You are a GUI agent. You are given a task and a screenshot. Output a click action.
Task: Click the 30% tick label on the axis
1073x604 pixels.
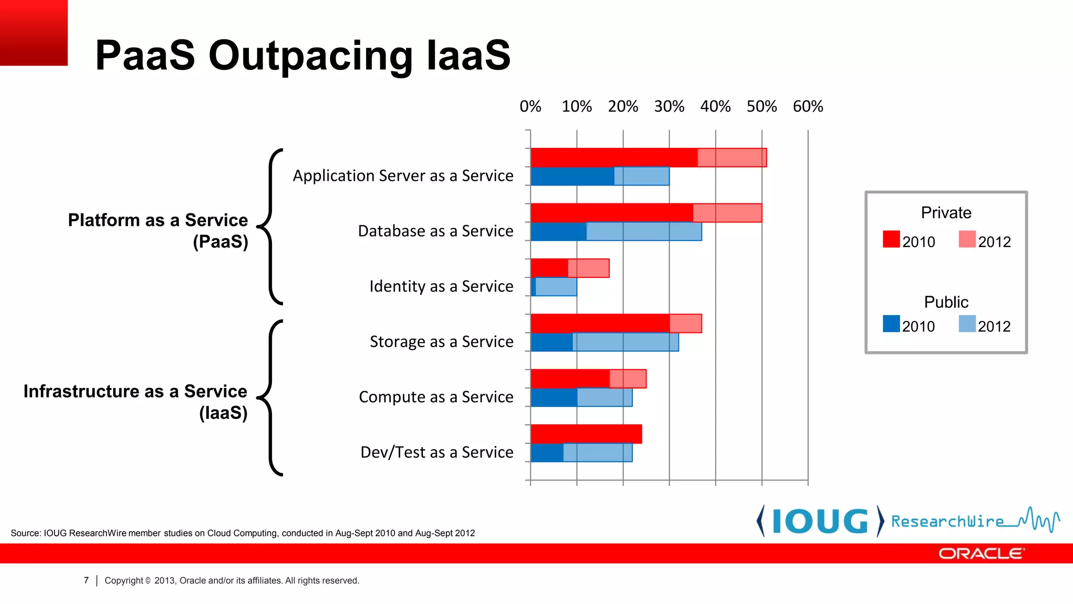point(669,106)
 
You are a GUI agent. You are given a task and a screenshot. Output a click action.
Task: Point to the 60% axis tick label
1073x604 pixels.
point(808,106)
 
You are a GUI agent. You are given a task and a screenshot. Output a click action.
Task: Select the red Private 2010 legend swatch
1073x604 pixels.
point(891,239)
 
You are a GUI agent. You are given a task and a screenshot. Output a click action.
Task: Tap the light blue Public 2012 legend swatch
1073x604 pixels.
point(967,323)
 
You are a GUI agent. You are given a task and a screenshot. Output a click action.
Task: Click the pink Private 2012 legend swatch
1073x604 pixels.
point(967,239)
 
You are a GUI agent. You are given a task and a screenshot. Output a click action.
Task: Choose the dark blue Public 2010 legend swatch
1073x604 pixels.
point(891,323)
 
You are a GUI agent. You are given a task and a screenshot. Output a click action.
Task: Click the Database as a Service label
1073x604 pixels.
point(435,231)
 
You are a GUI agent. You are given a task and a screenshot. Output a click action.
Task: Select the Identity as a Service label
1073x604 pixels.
point(441,286)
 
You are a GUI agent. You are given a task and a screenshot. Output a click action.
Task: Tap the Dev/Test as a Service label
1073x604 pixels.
point(437,452)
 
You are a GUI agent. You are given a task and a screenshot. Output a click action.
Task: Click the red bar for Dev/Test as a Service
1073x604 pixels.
point(586,434)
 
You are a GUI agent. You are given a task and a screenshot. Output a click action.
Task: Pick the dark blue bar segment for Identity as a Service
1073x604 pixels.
point(533,287)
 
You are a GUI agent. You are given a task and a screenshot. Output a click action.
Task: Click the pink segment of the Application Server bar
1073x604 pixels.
point(732,158)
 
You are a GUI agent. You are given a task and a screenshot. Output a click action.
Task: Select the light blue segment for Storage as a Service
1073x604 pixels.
point(626,342)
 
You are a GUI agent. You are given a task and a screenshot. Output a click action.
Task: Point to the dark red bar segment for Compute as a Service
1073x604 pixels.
point(570,379)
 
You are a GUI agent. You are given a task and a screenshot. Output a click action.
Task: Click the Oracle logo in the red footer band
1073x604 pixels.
point(980,554)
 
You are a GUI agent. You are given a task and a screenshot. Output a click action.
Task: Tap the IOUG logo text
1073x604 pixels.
point(820,521)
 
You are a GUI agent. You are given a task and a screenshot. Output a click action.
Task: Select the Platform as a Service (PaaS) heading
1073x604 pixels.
point(158,231)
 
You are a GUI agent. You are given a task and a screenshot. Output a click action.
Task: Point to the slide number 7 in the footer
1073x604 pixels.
point(86,580)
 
